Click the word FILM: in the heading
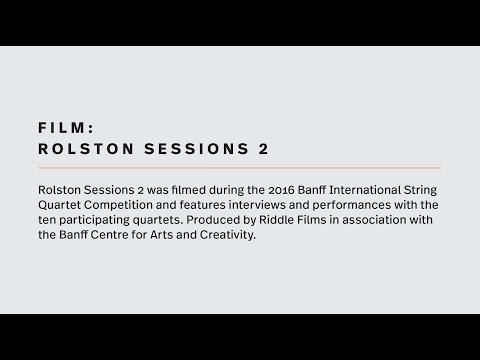[65, 129]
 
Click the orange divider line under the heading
[239, 167]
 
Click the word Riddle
[275, 219]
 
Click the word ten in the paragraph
[45, 219]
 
